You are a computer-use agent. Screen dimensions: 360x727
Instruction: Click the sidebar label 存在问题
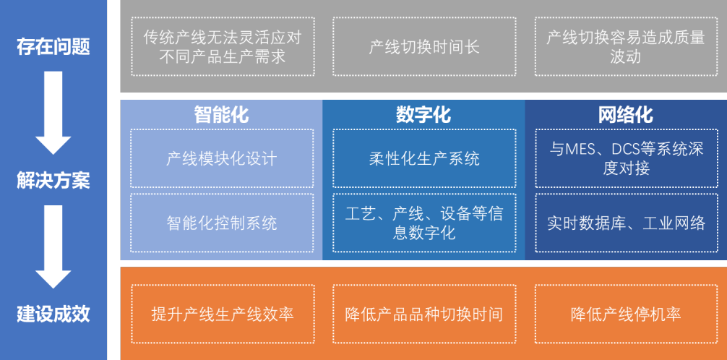pos(53,47)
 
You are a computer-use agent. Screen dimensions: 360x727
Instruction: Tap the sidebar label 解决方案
pos(53,180)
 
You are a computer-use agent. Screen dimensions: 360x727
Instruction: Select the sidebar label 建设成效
pos(53,314)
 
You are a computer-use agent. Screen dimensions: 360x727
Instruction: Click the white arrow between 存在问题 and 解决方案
pos(53,112)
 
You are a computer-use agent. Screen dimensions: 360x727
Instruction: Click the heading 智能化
pos(221,114)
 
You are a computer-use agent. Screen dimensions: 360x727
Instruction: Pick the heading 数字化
pos(423,114)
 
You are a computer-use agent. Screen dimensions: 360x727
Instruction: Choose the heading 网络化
pos(626,114)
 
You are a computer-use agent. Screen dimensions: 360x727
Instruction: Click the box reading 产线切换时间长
pos(424,47)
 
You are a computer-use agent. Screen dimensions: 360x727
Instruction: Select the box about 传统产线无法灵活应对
pos(222,47)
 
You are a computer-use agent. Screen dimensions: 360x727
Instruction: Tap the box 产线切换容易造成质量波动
pos(626,47)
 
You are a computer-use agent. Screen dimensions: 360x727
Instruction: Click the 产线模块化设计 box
pos(222,158)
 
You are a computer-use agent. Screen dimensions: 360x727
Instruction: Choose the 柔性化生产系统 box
pos(424,158)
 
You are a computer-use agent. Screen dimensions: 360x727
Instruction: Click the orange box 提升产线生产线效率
pos(222,314)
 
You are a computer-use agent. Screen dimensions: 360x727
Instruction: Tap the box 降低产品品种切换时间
pos(424,314)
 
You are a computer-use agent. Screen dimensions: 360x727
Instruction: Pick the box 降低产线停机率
pos(626,314)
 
